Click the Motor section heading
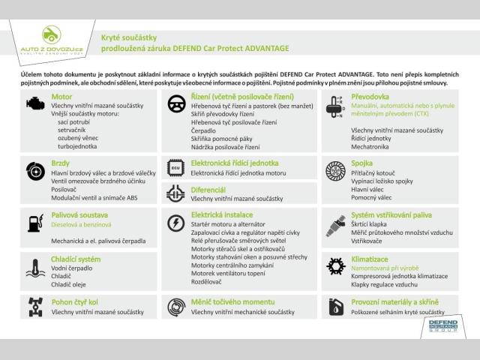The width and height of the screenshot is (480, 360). pyautogui.click(x=61, y=97)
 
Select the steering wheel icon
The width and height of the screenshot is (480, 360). pyautogui.click(x=177, y=103)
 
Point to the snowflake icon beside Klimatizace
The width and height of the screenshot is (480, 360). pyautogui.click(x=334, y=265)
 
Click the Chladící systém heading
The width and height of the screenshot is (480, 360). pyautogui.click(x=76, y=259)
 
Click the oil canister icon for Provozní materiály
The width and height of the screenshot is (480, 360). pyautogui.click(x=334, y=307)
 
